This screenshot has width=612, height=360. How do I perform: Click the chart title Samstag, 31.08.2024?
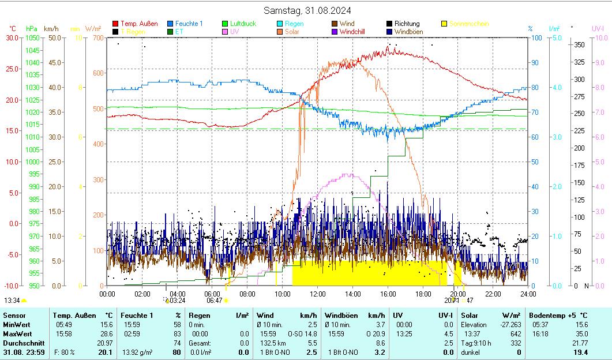307,10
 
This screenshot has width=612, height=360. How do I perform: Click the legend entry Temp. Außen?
139,24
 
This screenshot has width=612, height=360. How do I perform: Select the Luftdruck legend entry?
243,24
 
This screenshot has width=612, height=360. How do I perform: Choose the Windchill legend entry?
356,32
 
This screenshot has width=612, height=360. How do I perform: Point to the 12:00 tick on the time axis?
318,294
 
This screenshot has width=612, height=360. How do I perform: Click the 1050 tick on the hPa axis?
33,37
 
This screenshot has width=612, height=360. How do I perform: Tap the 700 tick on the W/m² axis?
97,37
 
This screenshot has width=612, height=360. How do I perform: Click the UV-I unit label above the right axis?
598,29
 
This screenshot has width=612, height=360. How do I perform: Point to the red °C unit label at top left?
13,29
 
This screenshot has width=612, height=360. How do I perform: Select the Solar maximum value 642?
515,334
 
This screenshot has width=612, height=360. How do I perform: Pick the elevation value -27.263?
510,325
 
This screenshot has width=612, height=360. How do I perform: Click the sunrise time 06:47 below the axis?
214,301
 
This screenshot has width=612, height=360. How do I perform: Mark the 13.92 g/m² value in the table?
136,352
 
